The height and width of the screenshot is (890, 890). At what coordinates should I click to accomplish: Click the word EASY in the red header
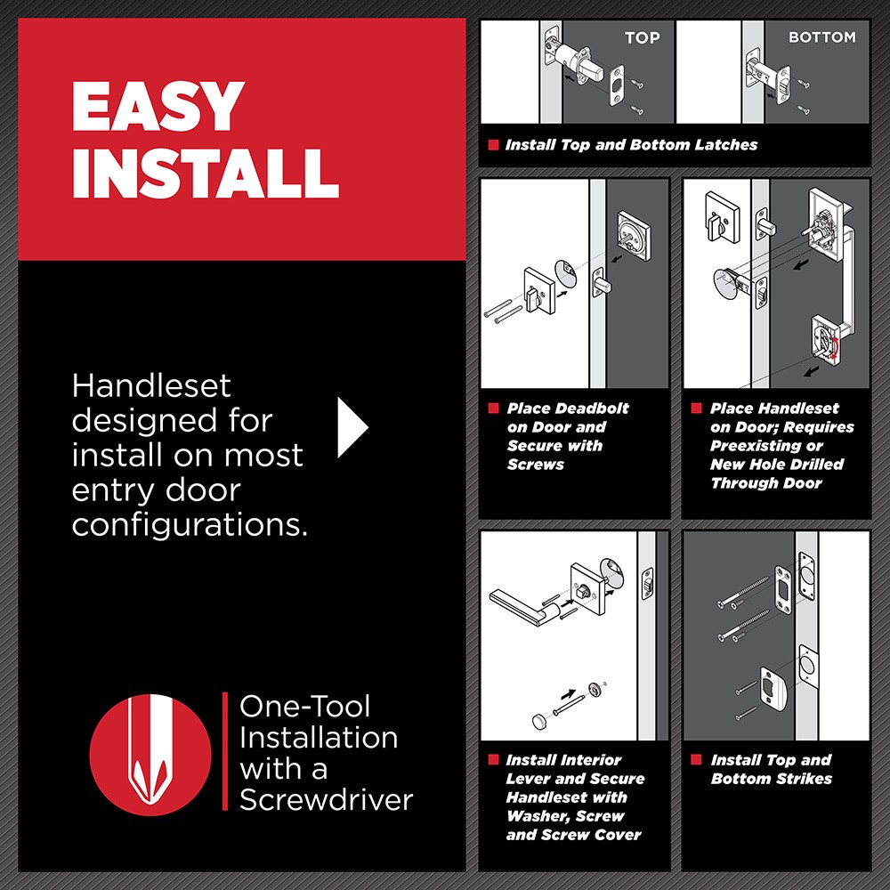(x=158, y=107)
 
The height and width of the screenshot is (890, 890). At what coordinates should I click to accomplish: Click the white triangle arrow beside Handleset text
(x=352, y=427)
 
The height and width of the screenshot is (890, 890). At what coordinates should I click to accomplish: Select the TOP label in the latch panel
(x=642, y=38)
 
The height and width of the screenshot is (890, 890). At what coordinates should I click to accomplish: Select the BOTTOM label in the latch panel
(x=821, y=38)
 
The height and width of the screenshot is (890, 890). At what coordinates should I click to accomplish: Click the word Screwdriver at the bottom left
(x=326, y=799)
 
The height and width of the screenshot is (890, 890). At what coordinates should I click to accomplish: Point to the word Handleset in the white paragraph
(x=151, y=386)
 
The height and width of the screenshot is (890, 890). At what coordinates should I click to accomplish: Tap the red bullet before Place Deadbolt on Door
(x=492, y=409)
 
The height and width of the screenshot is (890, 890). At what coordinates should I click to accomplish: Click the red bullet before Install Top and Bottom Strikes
(x=696, y=760)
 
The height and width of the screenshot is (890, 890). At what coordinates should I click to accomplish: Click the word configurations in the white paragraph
(x=190, y=525)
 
